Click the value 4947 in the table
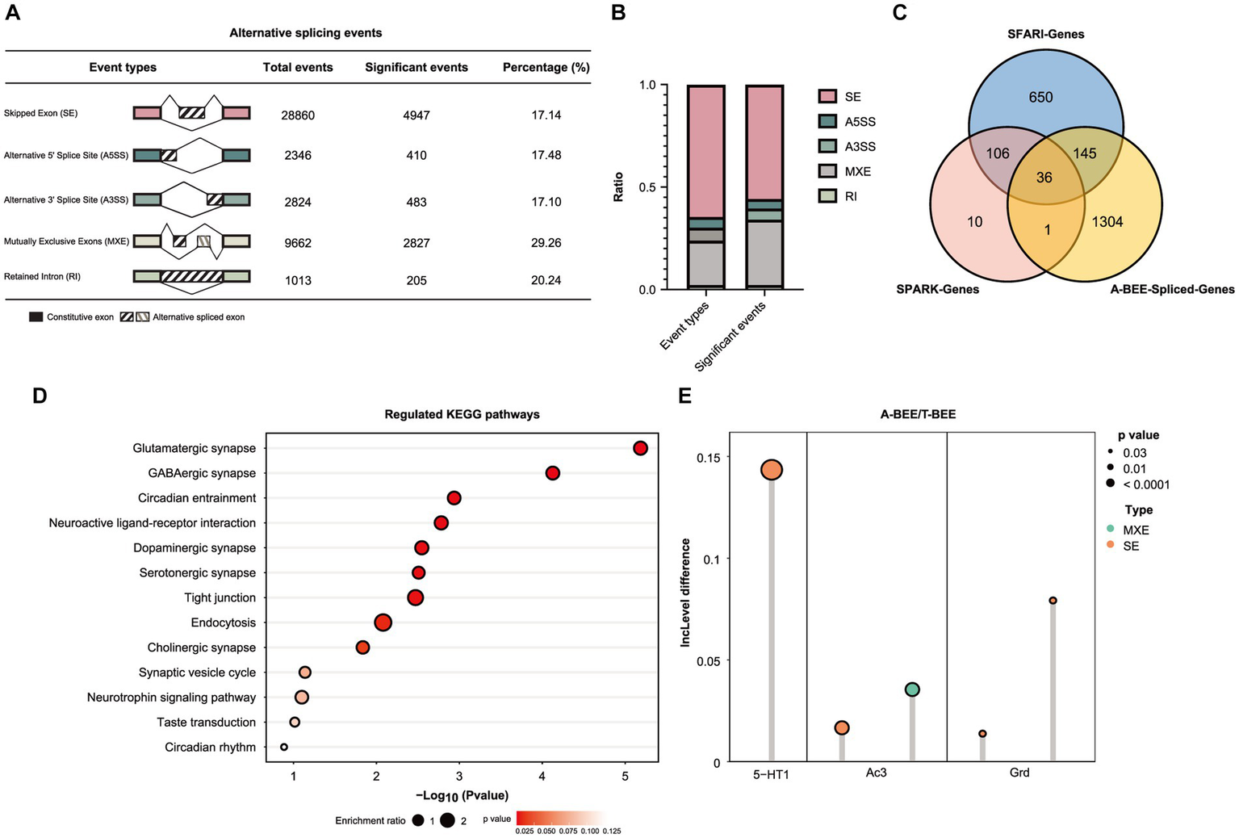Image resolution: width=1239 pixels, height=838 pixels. pos(416,115)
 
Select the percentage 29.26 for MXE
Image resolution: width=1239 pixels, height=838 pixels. pos(546,243)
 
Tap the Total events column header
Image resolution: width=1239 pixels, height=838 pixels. pos(298,68)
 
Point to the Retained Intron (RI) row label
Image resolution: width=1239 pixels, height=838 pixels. pos(42,277)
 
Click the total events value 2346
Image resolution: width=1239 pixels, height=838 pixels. pos(298,155)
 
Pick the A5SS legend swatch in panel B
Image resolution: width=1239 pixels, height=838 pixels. pos(827,122)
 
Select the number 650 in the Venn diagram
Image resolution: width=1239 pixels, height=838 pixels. pos(1040,98)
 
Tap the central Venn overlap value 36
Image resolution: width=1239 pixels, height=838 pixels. pos(1044,178)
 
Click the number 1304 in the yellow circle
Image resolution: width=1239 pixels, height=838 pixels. pos(1107,222)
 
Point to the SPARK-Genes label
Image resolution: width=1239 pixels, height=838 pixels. pos(937,289)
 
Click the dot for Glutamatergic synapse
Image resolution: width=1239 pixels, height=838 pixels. pos(640,448)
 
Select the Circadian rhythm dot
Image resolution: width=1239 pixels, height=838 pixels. pos(284,747)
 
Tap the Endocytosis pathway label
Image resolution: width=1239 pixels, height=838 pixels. pos(223,622)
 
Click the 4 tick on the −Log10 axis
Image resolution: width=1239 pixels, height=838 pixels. pos(542,777)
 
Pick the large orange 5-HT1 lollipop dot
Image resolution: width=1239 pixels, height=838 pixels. pos(772,470)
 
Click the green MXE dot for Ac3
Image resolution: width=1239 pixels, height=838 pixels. pos(912,689)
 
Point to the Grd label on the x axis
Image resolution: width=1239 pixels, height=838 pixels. pos(1019,773)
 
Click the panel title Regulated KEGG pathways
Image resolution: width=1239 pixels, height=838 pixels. pos(462,414)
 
